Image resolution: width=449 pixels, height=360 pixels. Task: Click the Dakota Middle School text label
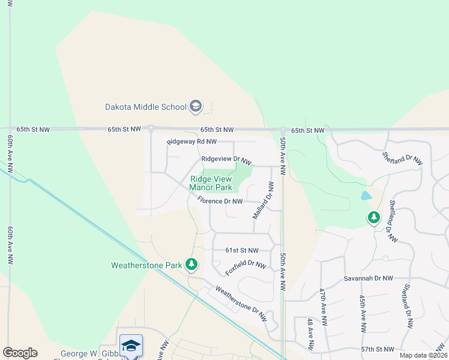[x=146, y=107]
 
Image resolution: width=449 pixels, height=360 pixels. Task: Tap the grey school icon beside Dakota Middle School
[x=195, y=107]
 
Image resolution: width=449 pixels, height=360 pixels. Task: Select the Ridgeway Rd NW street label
[x=191, y=142]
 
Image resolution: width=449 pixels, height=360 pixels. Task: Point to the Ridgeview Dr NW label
[x=225, y=160]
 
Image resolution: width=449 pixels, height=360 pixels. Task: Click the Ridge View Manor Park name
[x=211, y=183]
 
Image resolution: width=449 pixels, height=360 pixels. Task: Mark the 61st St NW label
[x=241, y=250]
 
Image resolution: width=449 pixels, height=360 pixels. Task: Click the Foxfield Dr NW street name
[x=246, y=268]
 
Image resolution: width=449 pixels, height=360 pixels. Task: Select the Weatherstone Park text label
[x=146, y=265]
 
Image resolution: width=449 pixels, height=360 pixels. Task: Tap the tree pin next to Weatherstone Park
[x=191, y=264]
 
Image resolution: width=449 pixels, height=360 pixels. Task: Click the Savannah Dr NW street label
[x=368, y=278]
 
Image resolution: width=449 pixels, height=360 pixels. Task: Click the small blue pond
[x=366, y=196]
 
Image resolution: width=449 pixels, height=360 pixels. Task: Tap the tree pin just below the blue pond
[x=374, y=217]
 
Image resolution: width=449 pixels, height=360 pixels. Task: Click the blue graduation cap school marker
[x=131, y=346]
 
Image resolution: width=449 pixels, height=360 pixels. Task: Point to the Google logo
[x=20, y=353]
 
